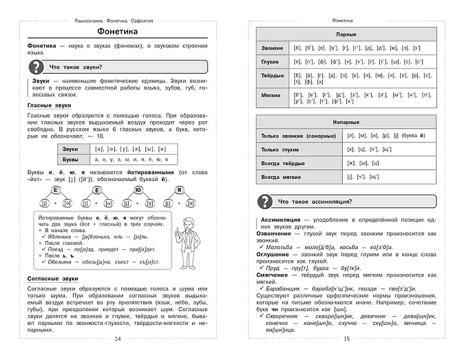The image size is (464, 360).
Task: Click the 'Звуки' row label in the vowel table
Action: (70, 149)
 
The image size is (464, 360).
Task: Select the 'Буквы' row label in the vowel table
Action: (70, 159)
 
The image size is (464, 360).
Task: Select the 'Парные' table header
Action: (346, 33)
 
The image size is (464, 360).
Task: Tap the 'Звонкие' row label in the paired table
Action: (273, 47)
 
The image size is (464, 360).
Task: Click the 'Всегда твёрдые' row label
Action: (282, 162)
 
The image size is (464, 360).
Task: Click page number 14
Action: (117, 339)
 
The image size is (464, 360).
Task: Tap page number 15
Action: (346, 339)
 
